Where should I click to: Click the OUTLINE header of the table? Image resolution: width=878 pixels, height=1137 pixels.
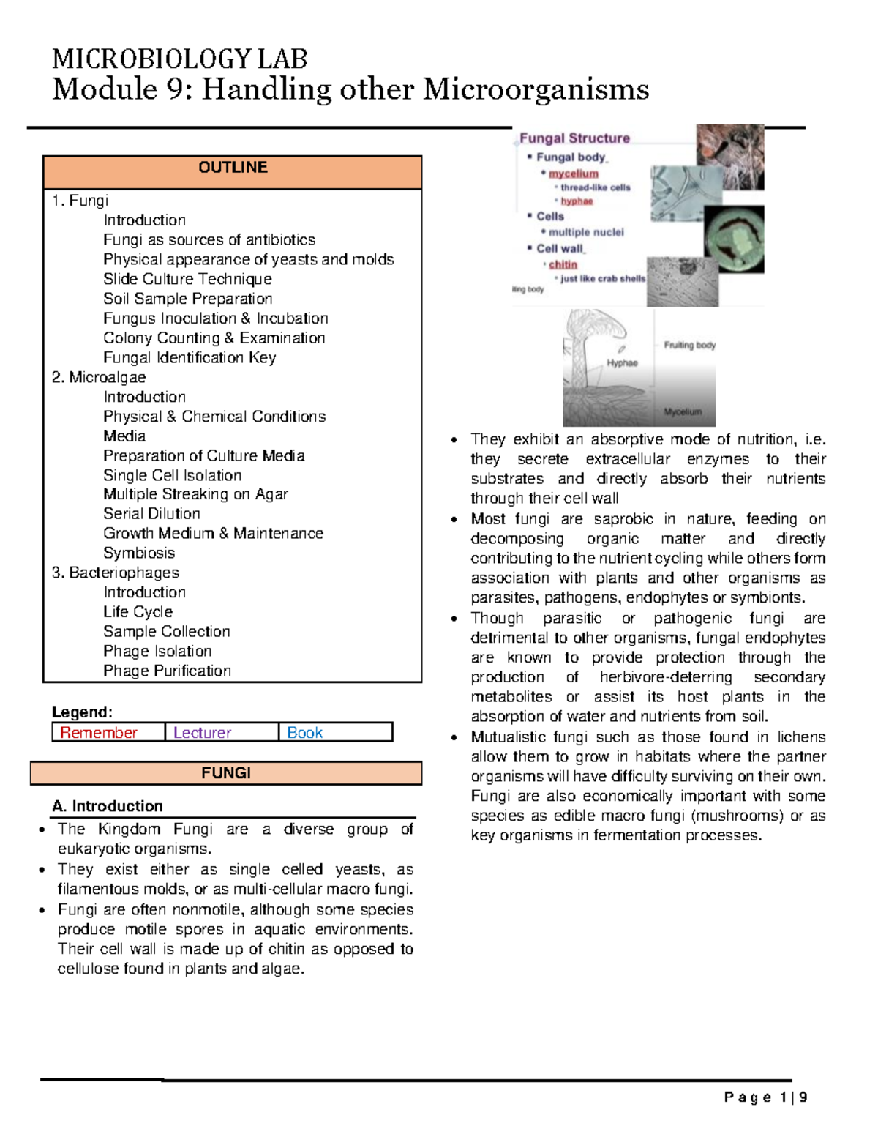pyautogui.click(x=233, y=168)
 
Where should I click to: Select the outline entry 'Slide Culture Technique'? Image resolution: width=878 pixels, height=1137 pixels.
pyautogui.click(x=187, y=279)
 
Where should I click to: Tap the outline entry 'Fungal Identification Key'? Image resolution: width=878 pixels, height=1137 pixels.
pyautogui.click(x=190, y=357)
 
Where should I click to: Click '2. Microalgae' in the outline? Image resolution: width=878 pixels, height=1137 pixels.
pyautogui.click(x=99, y=377)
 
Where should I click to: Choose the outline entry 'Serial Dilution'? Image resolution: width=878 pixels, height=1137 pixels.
pyautogui.click(x=151, y=514)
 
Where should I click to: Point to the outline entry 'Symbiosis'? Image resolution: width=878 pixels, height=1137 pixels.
pyautogui.click(x=139, y=553)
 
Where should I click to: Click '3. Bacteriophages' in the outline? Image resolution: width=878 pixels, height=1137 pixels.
pyautogui.click(x=116, y=573)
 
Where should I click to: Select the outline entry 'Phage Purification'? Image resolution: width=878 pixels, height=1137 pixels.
pyautogui.click(x=167, y=671)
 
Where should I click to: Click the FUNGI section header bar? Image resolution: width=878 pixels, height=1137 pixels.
pyautogui.click(x=226, y=773)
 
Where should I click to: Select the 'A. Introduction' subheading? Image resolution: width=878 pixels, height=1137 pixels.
pyautogui.click(x=108, y=806)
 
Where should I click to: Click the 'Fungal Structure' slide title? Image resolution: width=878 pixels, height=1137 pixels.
pyautogui.click(x=574, y=138)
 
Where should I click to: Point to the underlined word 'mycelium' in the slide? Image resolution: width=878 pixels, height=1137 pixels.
pyautogui.click(x=574, y=174)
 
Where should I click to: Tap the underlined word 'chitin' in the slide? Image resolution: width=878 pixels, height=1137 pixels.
pyautogui.click(x=563, y=264)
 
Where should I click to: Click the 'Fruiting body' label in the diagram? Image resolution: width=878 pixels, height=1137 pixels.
pyautogui.click(x=689, y=345)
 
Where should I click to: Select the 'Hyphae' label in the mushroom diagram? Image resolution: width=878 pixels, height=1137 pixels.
pyautogui.click(x=622, y=363)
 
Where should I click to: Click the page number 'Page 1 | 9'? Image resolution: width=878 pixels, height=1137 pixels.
pyautogui.click(x=765, y=1097)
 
